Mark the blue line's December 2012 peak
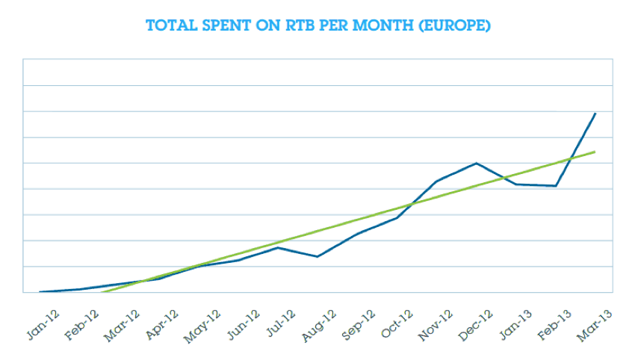pyautogui.click(x=477, y=163)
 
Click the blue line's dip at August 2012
pyautogui.click(x=318, y=257)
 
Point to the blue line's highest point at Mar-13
pyautogui.click(x=595, y=114)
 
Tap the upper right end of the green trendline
pyautogui.click(x=595, y=152)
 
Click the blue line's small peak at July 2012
pyautogui.click(x=278, y=247)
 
